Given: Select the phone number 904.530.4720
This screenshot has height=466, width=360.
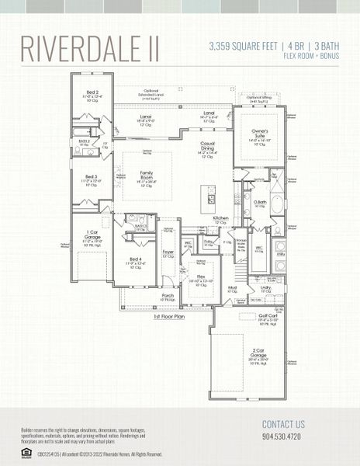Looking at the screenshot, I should tap(283, 437).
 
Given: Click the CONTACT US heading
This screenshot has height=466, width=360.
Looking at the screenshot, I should tap(283, 424).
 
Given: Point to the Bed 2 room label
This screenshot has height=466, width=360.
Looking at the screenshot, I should tap(92, 92).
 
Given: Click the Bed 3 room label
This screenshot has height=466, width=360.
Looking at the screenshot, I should tap(92, 177).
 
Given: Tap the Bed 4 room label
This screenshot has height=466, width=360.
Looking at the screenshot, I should tap(136, 259).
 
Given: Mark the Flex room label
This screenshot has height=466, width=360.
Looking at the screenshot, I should tap(200, 276).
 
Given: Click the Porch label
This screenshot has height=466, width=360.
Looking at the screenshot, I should tap(168, 295).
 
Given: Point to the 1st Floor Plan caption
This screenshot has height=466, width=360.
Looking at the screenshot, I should tap(168, 317).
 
